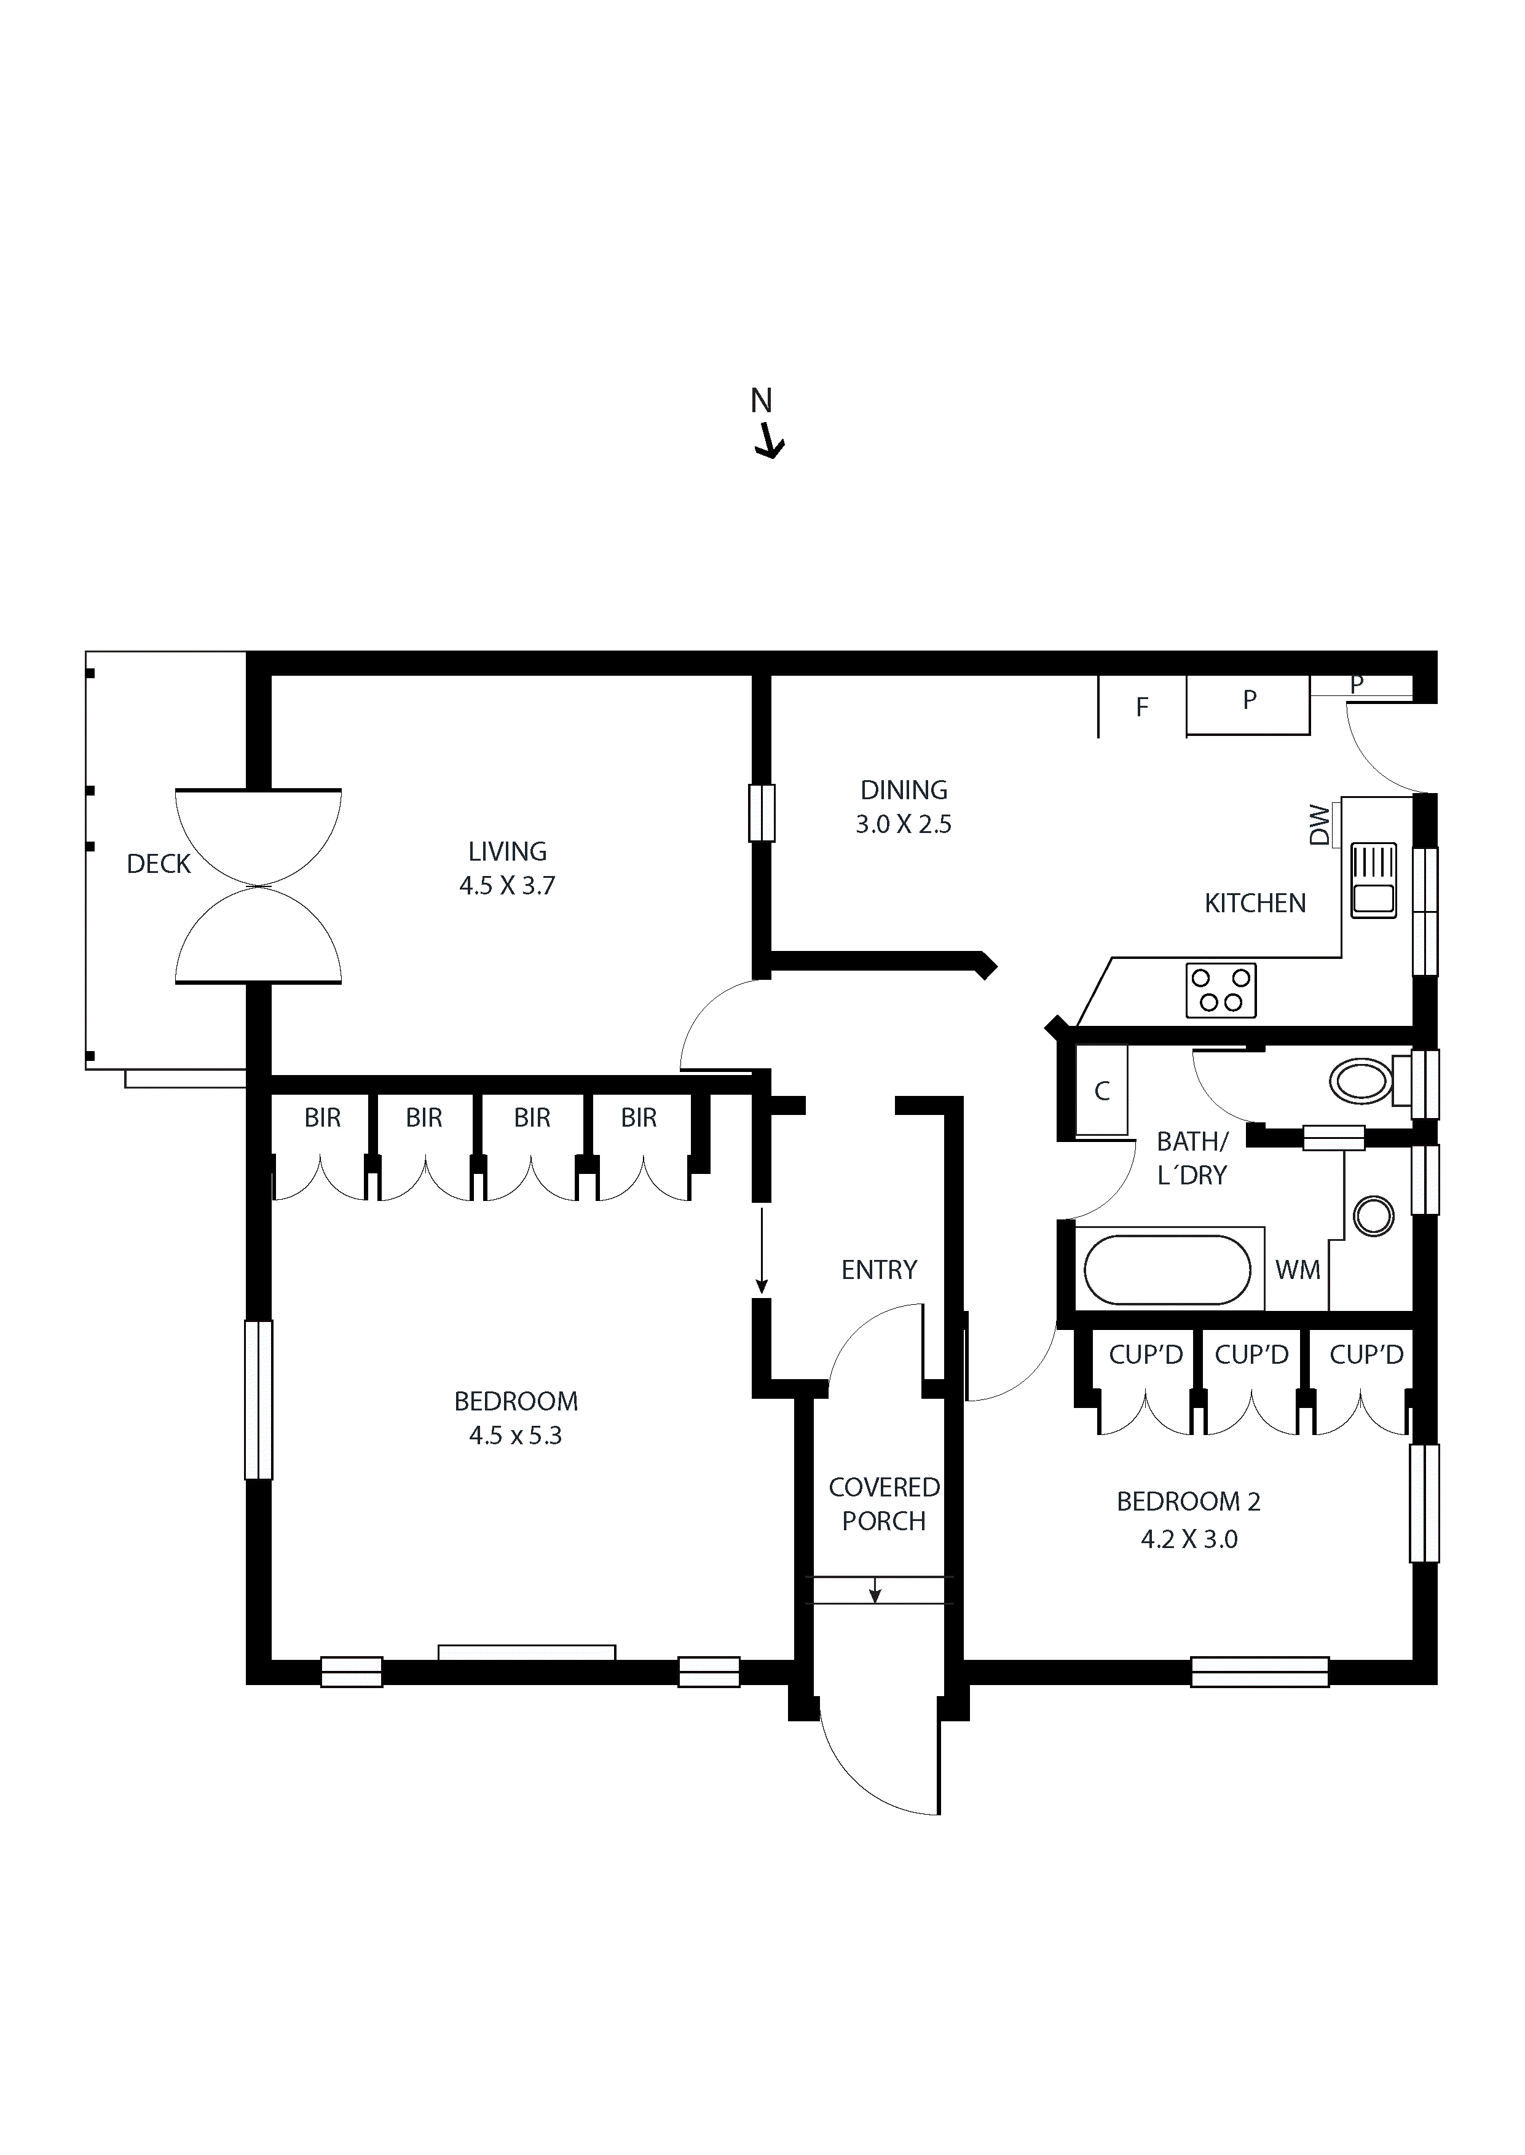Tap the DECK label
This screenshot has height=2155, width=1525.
click(159, 864)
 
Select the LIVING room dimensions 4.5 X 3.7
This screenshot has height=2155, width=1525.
click(507, 885)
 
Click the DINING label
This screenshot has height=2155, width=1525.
click(904, 789)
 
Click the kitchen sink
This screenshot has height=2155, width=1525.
click(1373, 880)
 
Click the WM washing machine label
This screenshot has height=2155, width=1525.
click(1298, 1270)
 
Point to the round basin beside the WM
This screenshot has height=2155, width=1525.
click(1374, 1216)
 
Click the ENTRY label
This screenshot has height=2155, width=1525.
click(879, 1270)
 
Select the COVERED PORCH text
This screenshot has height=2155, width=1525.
click(884, 1504)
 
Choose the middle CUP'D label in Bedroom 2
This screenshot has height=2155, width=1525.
click(1251, 1355)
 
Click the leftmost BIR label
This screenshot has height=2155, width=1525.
click(322, 1118)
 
